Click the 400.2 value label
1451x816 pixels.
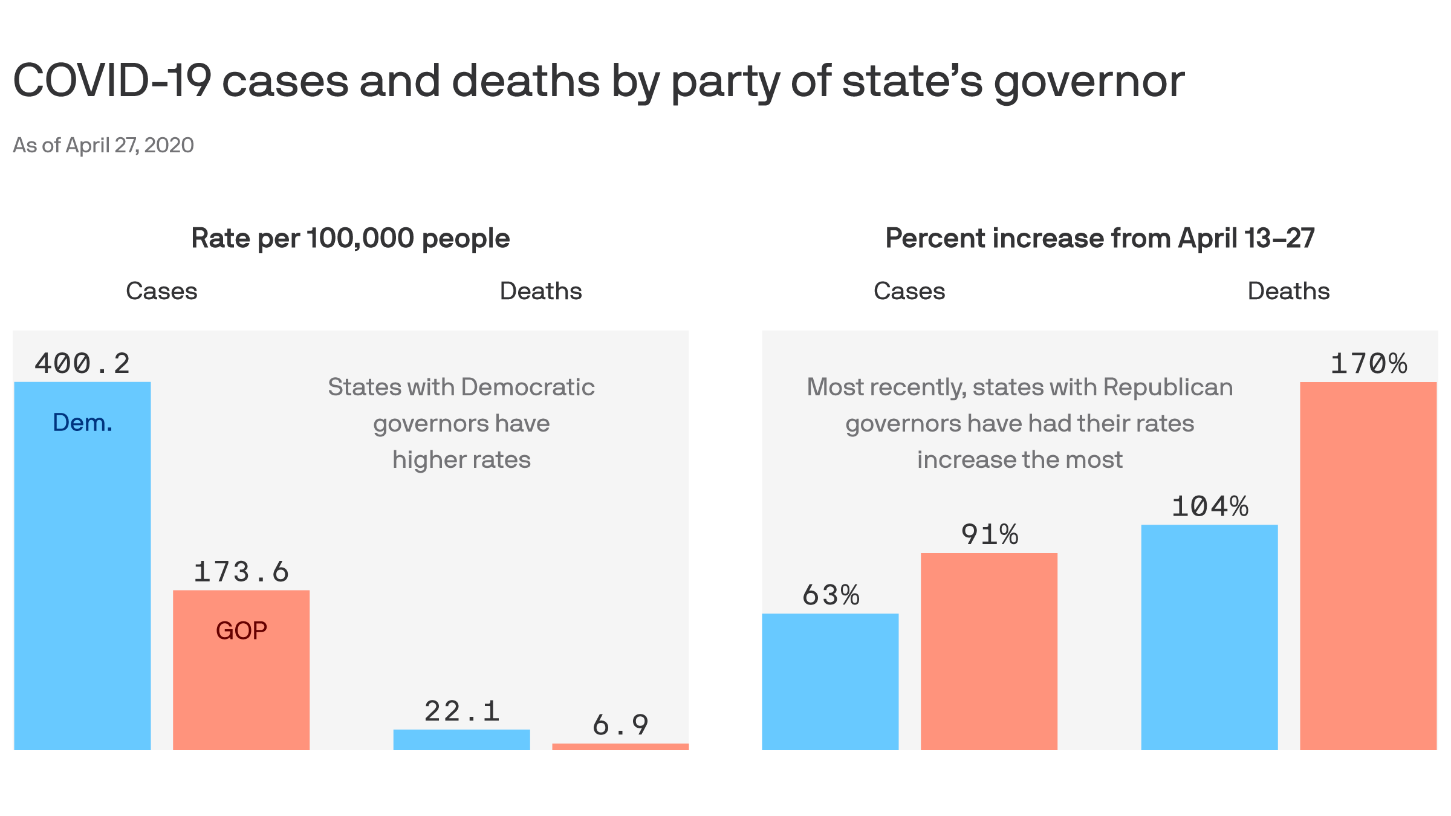tap(82, 364)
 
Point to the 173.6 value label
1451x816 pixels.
tap(241, 572)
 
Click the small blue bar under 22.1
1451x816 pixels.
tap(461, 740)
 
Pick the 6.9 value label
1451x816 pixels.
tap(620, 725)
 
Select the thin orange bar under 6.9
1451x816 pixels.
tap(620, 747)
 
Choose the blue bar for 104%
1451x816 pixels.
tap(1209, 637)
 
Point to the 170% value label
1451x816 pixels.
tap(1369, 364)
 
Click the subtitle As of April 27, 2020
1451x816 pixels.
tap(103, 146)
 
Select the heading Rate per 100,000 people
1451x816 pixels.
tap(351, 238)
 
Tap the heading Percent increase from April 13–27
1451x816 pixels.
tap(1100, 238)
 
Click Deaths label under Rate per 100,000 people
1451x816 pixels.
tap(540, 291)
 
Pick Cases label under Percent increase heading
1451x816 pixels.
tap(909, 291)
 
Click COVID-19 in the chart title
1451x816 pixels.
tap(112, 81)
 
